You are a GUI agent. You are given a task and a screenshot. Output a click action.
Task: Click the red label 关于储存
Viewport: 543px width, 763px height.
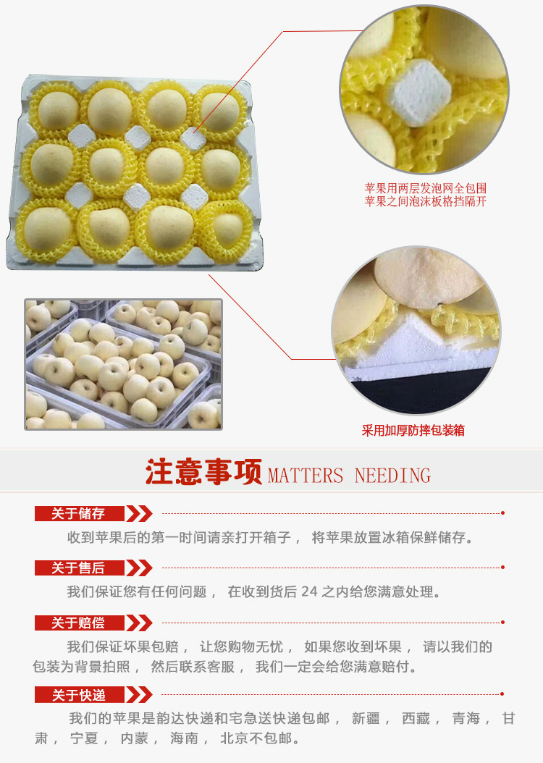click(79, 513)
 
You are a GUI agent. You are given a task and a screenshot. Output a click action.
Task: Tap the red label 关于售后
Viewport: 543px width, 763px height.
click(79, 568)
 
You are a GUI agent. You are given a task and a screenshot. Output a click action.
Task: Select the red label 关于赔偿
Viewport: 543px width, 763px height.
click(79, 623)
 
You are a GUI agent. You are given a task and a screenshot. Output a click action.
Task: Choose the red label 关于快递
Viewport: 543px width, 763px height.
click(79, 695)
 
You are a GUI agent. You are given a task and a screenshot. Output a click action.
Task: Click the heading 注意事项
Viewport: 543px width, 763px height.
click(204, 471)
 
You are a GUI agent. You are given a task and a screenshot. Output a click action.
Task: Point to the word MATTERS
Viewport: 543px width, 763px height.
click(306, 476)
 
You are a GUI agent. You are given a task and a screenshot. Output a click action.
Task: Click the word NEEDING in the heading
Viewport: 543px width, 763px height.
click(392, 476)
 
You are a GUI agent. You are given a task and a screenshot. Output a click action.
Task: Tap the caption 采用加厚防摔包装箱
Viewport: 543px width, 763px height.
click(413, 430)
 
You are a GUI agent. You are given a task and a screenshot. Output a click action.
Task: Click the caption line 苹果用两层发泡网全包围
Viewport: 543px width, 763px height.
click(426, 188)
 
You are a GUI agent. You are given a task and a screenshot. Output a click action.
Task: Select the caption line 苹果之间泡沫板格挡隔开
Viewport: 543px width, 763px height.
click(426, 201)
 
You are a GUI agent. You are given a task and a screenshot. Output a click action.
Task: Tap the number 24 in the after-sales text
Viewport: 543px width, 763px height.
click(309, 591)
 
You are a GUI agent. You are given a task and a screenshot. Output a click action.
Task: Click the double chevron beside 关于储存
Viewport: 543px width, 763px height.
click(139, 513)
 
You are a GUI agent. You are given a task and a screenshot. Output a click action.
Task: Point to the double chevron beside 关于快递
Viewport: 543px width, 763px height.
click(139, 695)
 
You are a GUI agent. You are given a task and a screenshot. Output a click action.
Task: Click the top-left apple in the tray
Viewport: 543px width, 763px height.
click(57, 111)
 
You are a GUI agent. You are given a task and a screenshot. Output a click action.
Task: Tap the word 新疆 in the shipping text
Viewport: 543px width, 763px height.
click(366, 718)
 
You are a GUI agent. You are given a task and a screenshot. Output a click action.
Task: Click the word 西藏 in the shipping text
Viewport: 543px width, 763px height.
click(416, 718)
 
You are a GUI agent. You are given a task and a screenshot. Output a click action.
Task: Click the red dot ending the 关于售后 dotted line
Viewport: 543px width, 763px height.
click(502, 568)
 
